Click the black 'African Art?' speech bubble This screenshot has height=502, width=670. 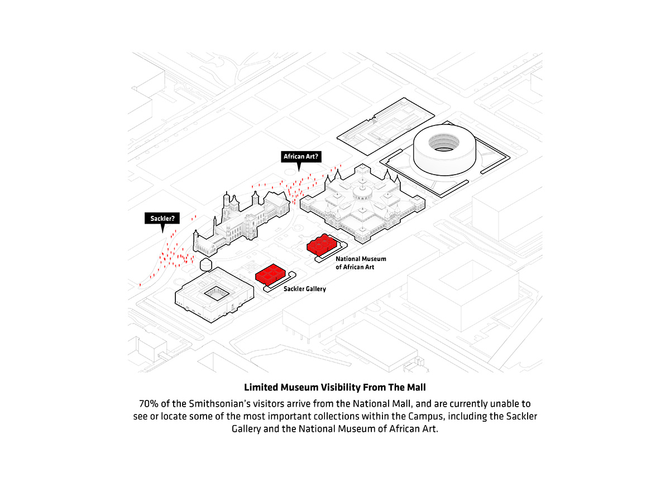tap(301, 157)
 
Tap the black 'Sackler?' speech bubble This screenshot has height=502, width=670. tap(162, 218)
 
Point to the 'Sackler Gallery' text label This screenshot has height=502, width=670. tap(304, 289)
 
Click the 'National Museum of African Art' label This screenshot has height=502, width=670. tap(360, 263)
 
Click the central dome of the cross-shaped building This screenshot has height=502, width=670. tap(363, 193)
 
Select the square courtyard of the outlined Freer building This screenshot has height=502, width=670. tap(214, 293)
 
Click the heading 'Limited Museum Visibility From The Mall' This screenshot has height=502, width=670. tap(335, 387)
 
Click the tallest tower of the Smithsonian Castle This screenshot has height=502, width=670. tap(226, 209)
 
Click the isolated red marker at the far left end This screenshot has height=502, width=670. tap(140, 285)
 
